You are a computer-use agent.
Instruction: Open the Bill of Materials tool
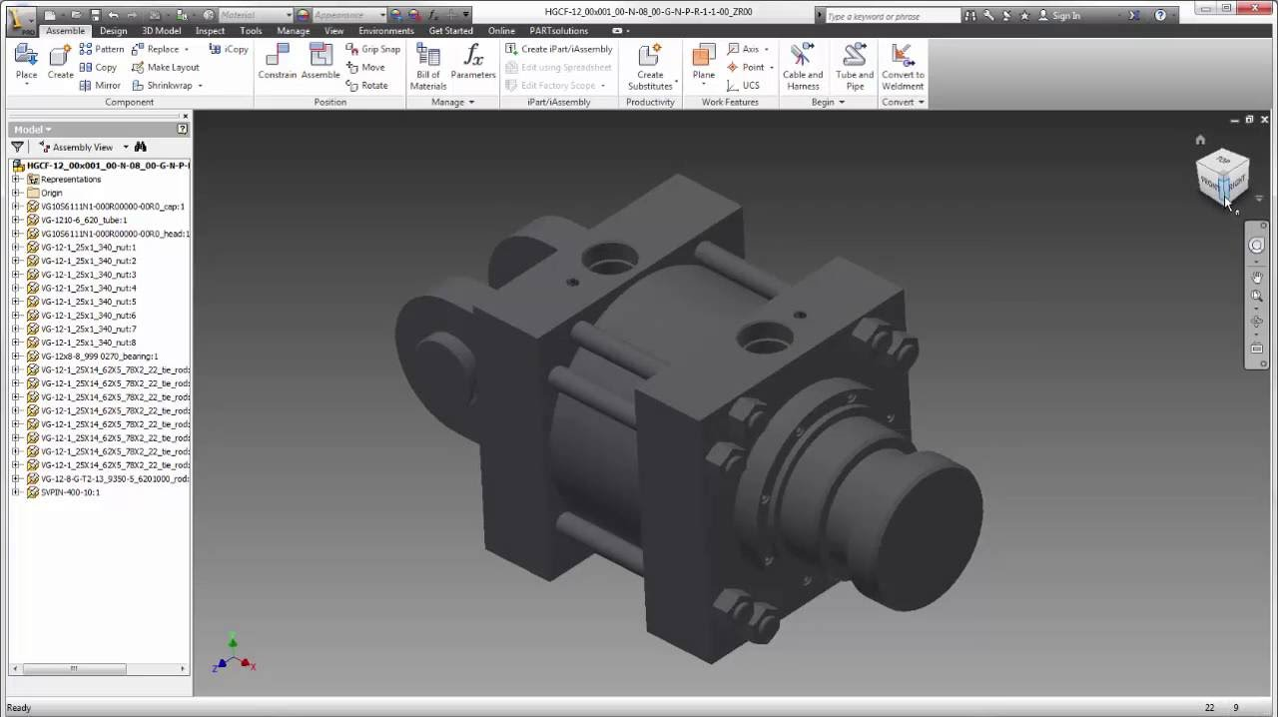click(428, 66)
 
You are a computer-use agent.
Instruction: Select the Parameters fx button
click(473, 62)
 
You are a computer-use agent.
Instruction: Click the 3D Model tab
click(161, 31)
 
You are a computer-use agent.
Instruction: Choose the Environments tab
click(385, 31)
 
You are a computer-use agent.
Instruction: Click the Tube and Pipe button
click(855, 66)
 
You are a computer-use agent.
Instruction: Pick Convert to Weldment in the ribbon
click(903, 66)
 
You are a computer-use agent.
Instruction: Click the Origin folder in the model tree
click(51, 193)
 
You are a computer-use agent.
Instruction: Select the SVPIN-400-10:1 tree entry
click(70, 492)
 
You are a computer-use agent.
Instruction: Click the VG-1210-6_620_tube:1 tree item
click(83, 220)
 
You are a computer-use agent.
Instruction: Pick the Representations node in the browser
click(70, 180)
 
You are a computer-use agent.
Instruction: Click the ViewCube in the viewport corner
click(1222, 177)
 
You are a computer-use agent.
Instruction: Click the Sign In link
click(1065, 16)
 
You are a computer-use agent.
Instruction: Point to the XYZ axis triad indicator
click(234, 656)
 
